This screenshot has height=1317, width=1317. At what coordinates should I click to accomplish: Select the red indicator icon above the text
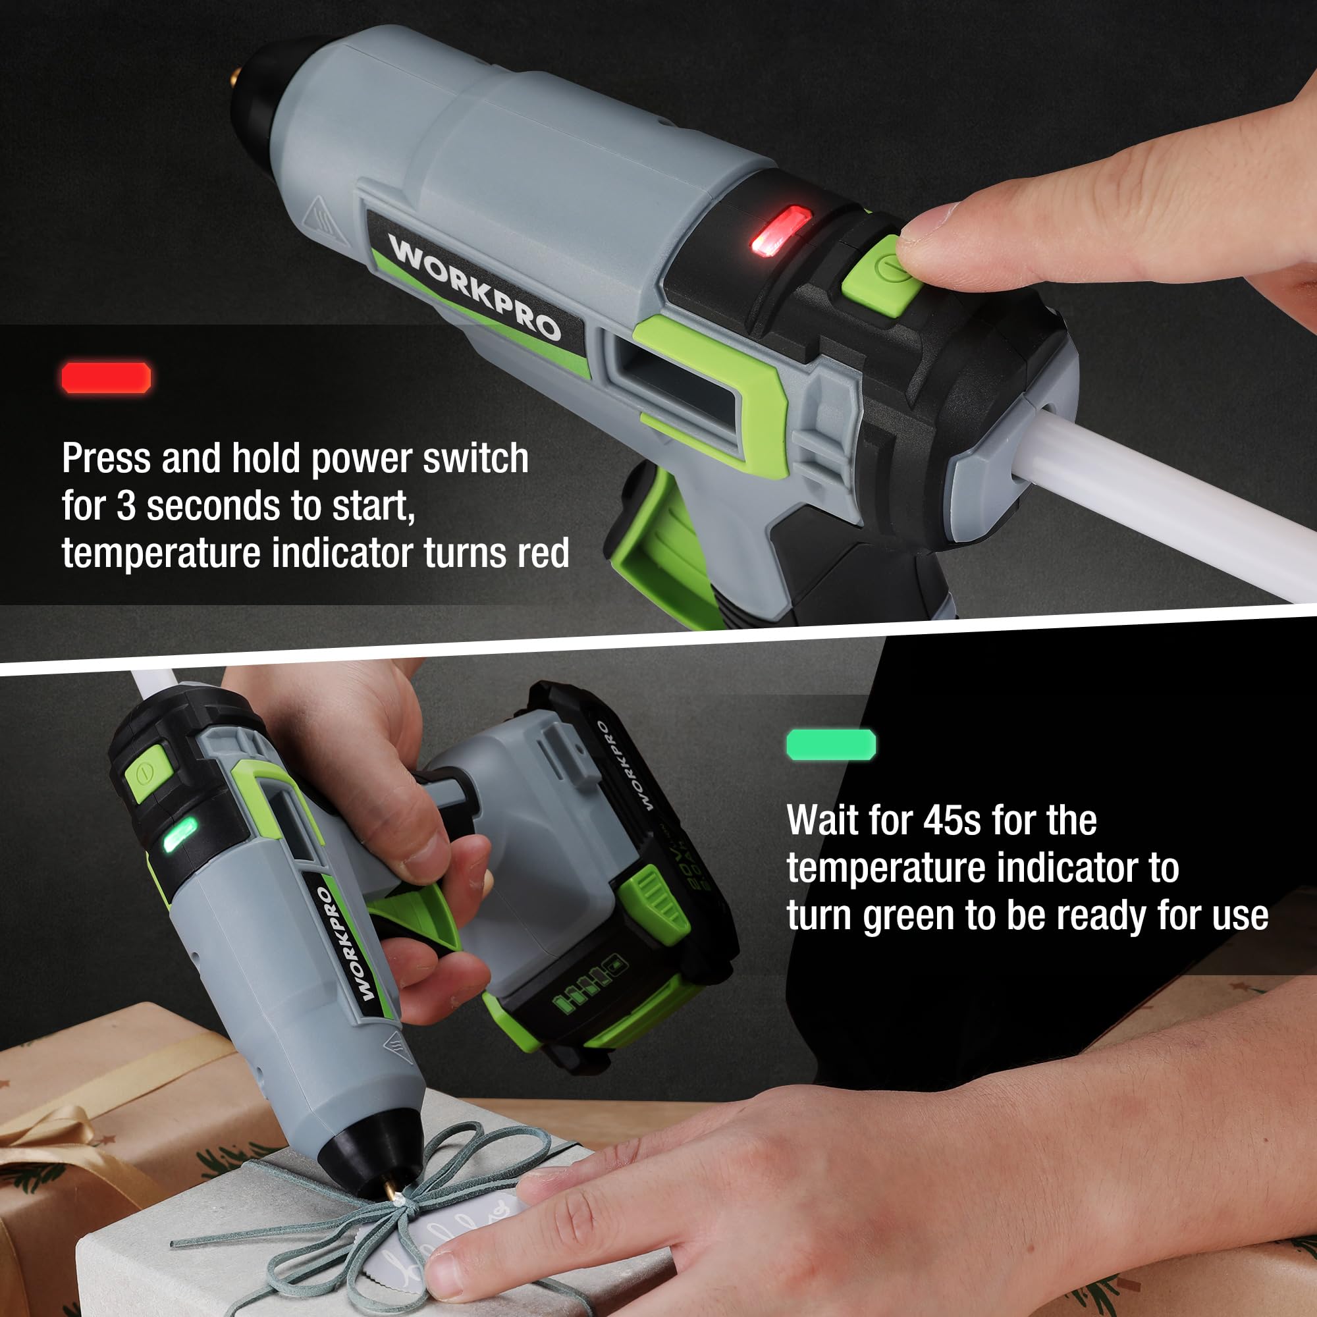(x=106, y=377)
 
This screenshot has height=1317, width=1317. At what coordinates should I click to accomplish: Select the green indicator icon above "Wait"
(x=831, y=744)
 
